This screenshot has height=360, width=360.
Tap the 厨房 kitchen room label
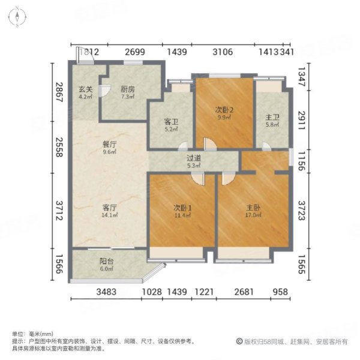(127, 89)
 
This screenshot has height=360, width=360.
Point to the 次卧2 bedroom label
(224, 110)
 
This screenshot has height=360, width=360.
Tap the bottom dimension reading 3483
(108, 292)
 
